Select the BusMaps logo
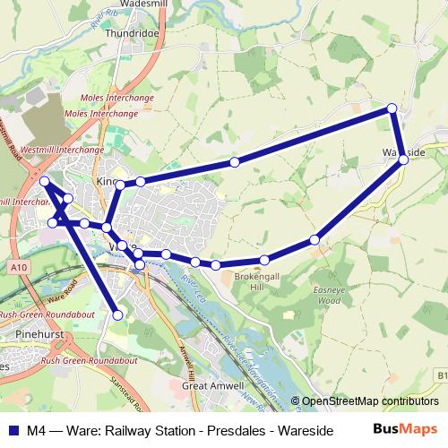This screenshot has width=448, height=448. pyautogui.click(x=405, y=430)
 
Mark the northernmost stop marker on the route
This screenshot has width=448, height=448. pyautogui.click(x=392, y=109)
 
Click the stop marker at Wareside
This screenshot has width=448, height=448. pyautogui.click(x=404, y=159)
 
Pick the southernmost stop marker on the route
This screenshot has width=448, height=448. pyautogui.click(x=116, y=314)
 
